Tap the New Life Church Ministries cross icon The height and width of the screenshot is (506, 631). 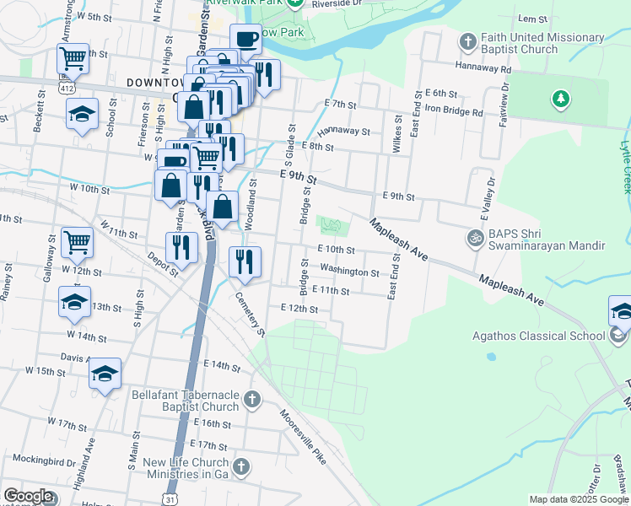coord(241,466)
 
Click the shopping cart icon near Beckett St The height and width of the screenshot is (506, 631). coord(73,58)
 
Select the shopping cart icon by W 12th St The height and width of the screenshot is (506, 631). coord(77,242)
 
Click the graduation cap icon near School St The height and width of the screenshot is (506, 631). coord(82,113)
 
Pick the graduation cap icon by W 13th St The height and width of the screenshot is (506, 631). coord(74,301)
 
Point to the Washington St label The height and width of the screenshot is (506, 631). coord(349,272)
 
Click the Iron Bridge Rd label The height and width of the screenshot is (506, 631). coord(453,111)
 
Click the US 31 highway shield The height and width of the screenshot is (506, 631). coord(171,498)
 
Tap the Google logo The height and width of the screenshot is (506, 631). coord(27,496)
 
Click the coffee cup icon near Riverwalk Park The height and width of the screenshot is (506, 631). coord(246,39)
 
